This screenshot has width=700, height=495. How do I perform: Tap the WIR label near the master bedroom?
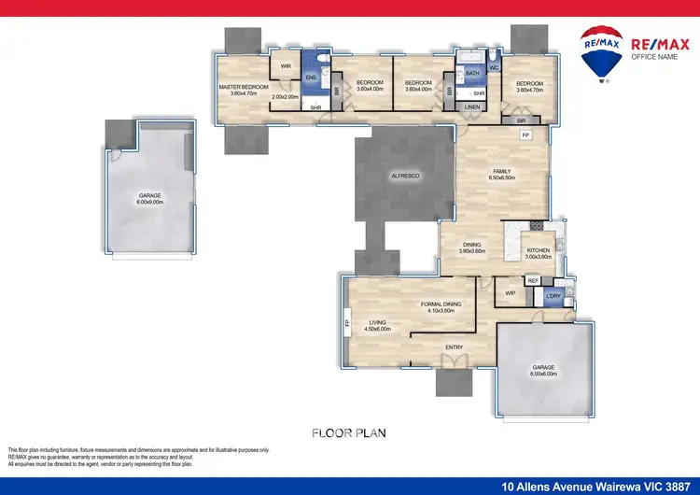point(287,66)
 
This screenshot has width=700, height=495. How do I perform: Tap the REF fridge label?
point(533,280)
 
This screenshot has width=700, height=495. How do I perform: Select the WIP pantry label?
point(510,293)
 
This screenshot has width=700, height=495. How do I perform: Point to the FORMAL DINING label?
point(437,304)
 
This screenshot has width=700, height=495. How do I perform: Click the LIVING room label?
point(377,322)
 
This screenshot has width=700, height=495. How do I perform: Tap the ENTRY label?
point(454,347)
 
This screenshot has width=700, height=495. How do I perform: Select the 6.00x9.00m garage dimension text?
point(150,202)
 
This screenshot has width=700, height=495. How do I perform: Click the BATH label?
point(472,73)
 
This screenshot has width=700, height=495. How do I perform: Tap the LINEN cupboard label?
point(472,107)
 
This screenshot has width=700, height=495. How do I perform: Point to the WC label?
point(494,68)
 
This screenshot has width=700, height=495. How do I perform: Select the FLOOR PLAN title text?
point(349,432)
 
